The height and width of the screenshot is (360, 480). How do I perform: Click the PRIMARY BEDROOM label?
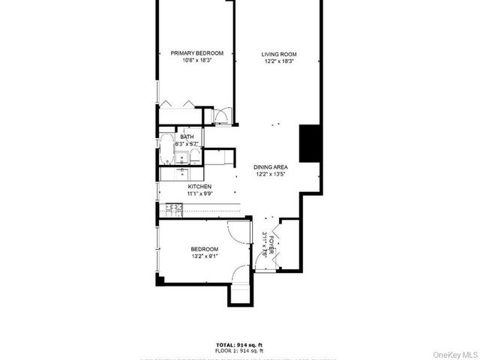(x=196, y=52)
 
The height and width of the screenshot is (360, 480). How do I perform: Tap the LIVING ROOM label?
(x=279, y=54)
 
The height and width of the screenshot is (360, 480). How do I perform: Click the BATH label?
(x=187, y=136)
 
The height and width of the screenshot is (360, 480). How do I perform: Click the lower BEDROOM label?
(x=204, y=249)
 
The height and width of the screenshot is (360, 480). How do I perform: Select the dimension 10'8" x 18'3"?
(x=196, y=61)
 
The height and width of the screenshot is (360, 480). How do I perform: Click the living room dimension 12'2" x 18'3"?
(x=279, y=61)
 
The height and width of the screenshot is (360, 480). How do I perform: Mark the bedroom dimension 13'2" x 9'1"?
(x=204, y=256)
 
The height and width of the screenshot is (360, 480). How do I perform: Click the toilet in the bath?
(x=194, y=156)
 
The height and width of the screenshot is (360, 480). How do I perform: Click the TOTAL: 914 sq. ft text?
(x=240, y=344)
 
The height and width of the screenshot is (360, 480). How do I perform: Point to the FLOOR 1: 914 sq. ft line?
(x=240, y=350)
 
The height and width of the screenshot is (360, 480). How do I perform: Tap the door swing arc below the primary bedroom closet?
(x=223, y=116)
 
